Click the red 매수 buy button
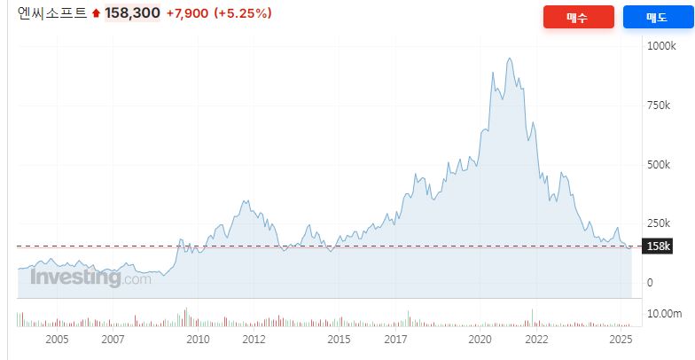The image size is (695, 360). [577, 18]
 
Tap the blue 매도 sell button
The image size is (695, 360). [657, 18]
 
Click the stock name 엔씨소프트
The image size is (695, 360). [52, 13]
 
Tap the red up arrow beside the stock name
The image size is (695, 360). [96, 14]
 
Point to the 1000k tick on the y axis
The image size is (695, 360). [661, 45]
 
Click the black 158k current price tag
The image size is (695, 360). [659, 246]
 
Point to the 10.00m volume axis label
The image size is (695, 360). [665, 313]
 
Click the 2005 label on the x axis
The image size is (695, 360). [57, 340]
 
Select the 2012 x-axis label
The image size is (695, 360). [254, 340]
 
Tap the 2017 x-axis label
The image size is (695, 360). [395, 340]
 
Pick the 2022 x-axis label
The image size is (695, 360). [535, 340]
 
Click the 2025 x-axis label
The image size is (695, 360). [621, 340]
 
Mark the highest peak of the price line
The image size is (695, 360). [509, 59]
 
